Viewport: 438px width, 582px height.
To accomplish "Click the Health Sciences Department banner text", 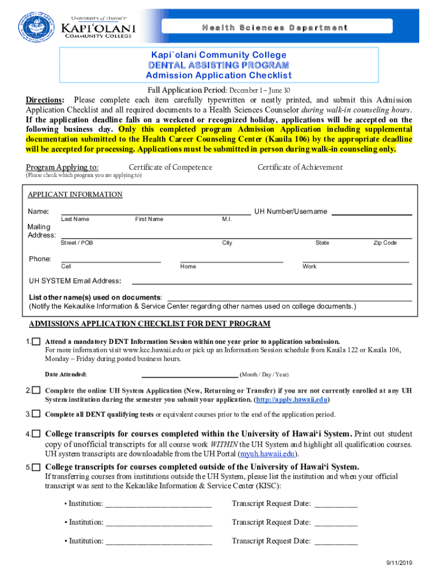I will (x=274, y=28).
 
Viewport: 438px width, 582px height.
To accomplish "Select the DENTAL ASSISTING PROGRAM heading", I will (x=218, y=65).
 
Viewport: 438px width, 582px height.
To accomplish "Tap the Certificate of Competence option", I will (x=170, y=167).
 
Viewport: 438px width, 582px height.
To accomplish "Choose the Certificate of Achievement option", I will (x=300, y=167).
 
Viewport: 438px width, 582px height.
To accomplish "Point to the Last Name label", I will (x=75, y=219).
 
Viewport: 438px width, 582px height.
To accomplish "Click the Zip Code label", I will (x=385, y=243).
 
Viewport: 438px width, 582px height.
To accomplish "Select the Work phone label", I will (x=309, y=267).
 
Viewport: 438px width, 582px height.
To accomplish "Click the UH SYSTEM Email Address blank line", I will (x=271, y=282).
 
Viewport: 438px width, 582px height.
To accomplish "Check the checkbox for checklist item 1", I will (x=36, y=342).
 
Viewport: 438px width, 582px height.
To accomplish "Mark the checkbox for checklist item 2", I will (x=36, y=391).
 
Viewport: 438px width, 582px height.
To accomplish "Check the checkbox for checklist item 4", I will (x=36, y=434).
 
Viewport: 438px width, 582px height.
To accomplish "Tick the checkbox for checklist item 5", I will (x=36, y=467).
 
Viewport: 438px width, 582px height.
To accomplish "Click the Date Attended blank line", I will (x=189, y=376).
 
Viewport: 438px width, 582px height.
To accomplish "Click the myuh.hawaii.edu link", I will (x=266, y=454).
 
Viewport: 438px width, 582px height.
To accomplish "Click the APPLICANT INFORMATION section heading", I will (x=75, y=195).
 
